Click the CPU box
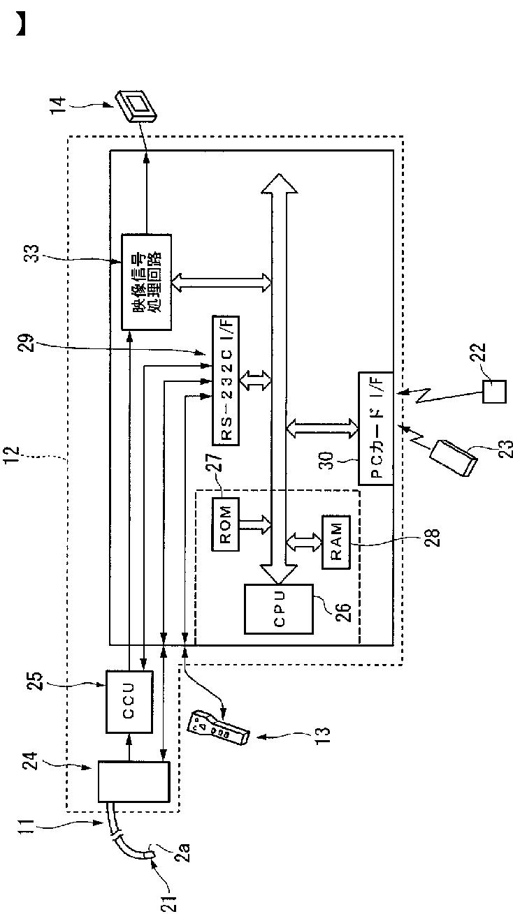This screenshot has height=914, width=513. point(279,609)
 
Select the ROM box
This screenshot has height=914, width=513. point(226,524)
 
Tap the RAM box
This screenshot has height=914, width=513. point(336,543)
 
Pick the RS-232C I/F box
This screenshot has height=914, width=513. point(226,381)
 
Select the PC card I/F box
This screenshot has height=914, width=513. point(376,428)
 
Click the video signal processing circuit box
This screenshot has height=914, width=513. point(146,282)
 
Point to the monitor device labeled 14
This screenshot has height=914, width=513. point(136,105)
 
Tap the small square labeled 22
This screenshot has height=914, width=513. point(494,392)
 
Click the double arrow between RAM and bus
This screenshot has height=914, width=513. point(304,543)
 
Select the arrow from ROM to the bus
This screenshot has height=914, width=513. point(255,524)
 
